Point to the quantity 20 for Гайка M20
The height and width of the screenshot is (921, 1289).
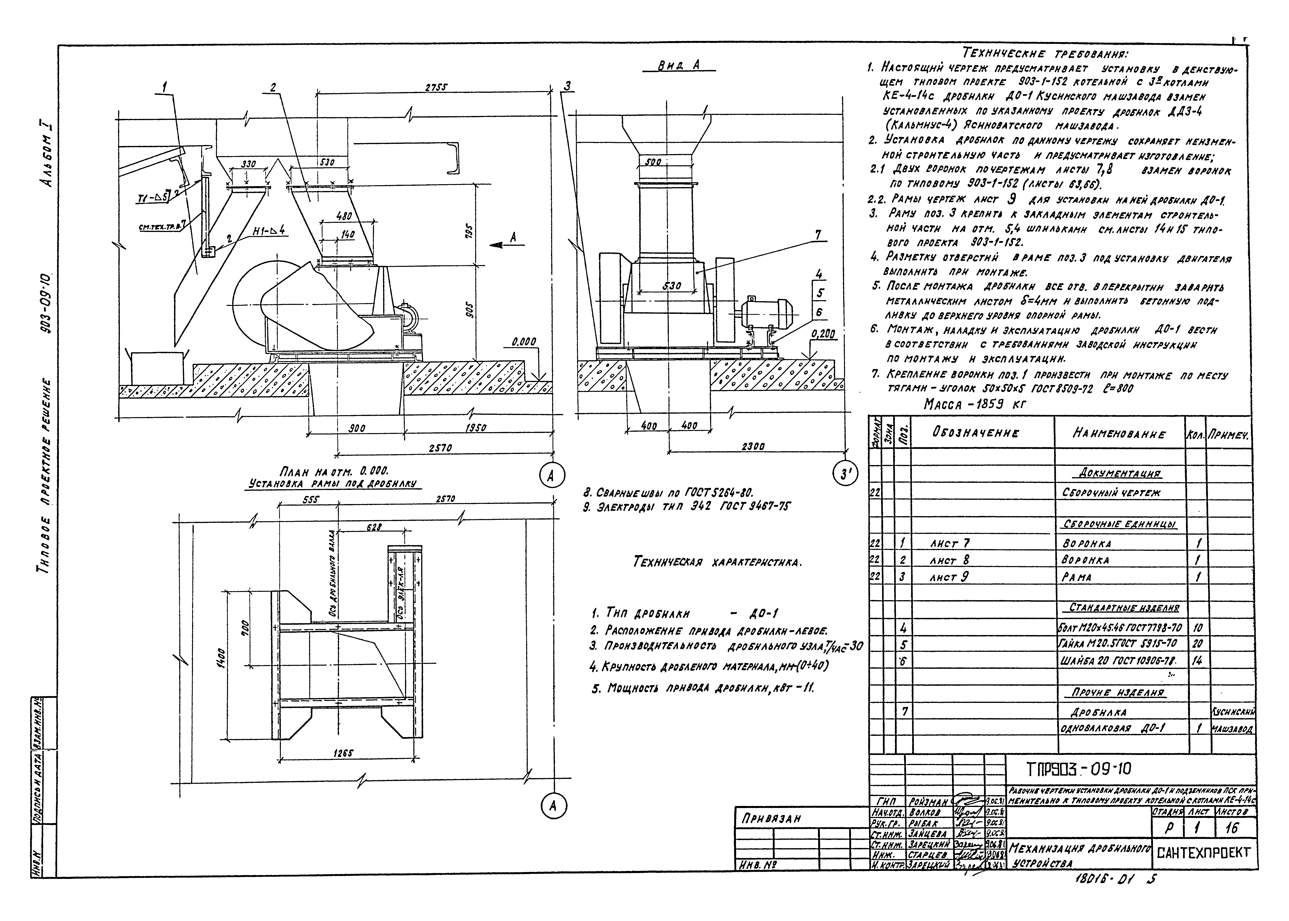tap(1197, 644)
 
